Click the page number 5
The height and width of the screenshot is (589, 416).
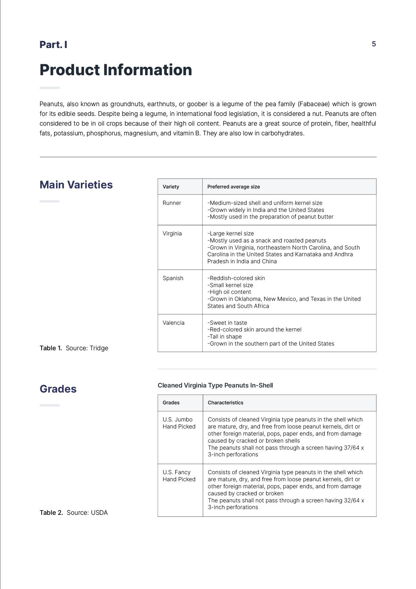tap(374, 44)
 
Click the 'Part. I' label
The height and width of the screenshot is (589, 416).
tap(53, 45)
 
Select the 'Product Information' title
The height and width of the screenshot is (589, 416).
tap(116, 70)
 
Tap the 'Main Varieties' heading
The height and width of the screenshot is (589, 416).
tap(76, 185)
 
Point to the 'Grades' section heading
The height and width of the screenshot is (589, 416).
tap(58, 389)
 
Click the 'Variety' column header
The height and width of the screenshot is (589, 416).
tap(171, 187)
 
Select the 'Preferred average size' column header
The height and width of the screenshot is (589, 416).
tap(233, 187)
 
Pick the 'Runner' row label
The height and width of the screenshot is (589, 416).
tap(172, 203)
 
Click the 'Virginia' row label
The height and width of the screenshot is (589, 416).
tap(172, 233)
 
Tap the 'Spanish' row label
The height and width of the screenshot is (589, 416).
tap(173, 278)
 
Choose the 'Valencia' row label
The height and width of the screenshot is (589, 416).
tap(173, 323)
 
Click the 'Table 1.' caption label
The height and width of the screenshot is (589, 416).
tap(51, 348)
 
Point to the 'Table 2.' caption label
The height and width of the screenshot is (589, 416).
tap(51, 512)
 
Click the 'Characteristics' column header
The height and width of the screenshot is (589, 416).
tap(225, 403)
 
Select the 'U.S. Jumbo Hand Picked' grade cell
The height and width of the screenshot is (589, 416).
tap(179, 423)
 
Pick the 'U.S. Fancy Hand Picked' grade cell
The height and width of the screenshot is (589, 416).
tap(179, 476)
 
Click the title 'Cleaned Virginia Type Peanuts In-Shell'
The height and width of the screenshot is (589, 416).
tap(215, 385)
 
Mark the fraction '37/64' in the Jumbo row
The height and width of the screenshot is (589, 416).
tap(352, 448)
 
